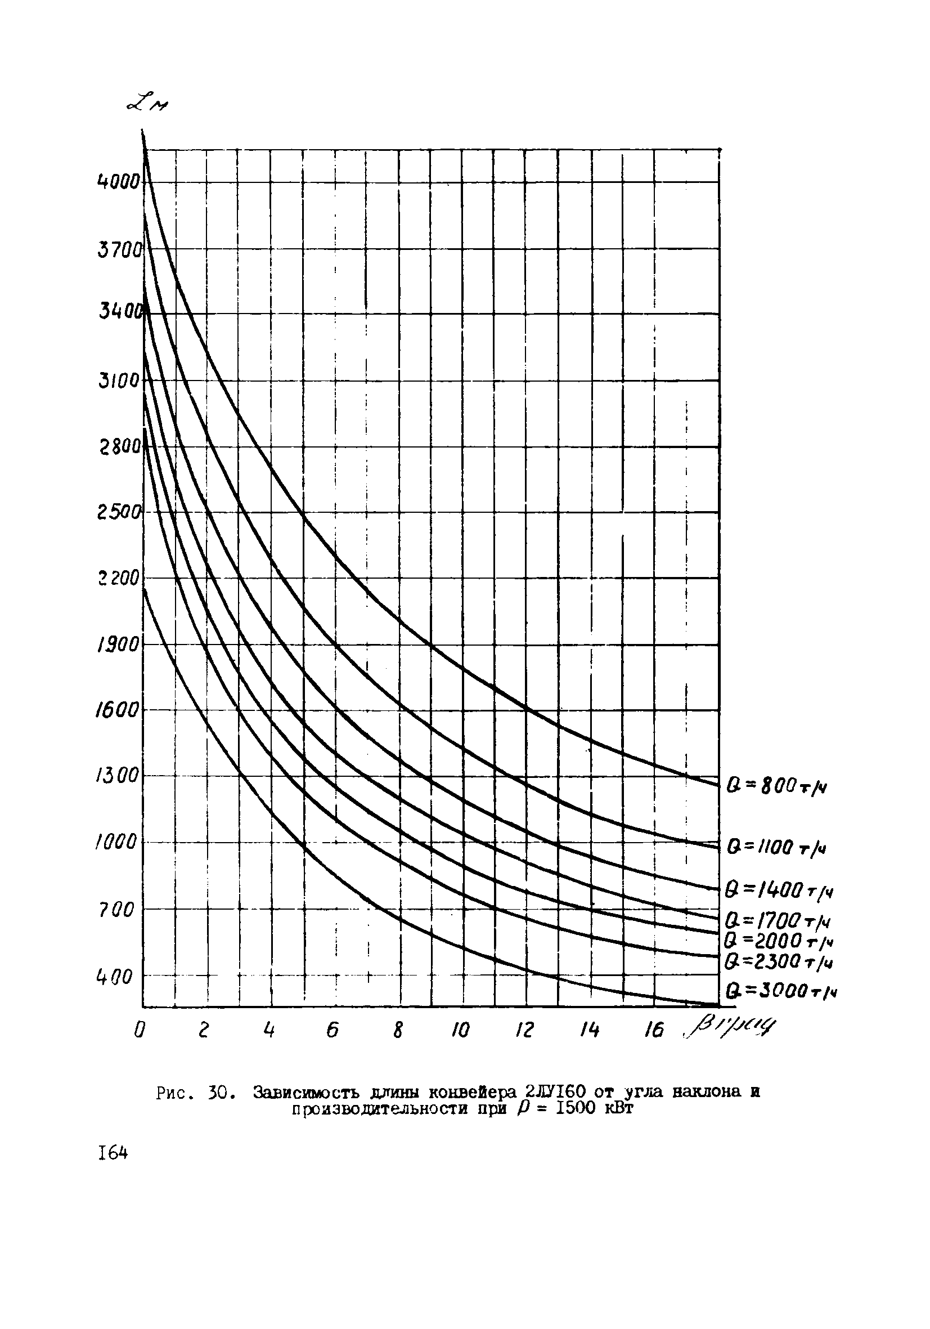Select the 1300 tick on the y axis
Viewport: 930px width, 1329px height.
118,776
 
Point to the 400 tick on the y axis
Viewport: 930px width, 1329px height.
114,978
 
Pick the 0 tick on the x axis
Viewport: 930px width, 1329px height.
139,1031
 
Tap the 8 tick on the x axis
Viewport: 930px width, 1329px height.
398,1031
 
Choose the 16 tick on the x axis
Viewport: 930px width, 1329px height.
653,1030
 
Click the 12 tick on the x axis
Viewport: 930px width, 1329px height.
524,1031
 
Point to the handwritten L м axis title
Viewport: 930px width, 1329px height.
145,105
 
